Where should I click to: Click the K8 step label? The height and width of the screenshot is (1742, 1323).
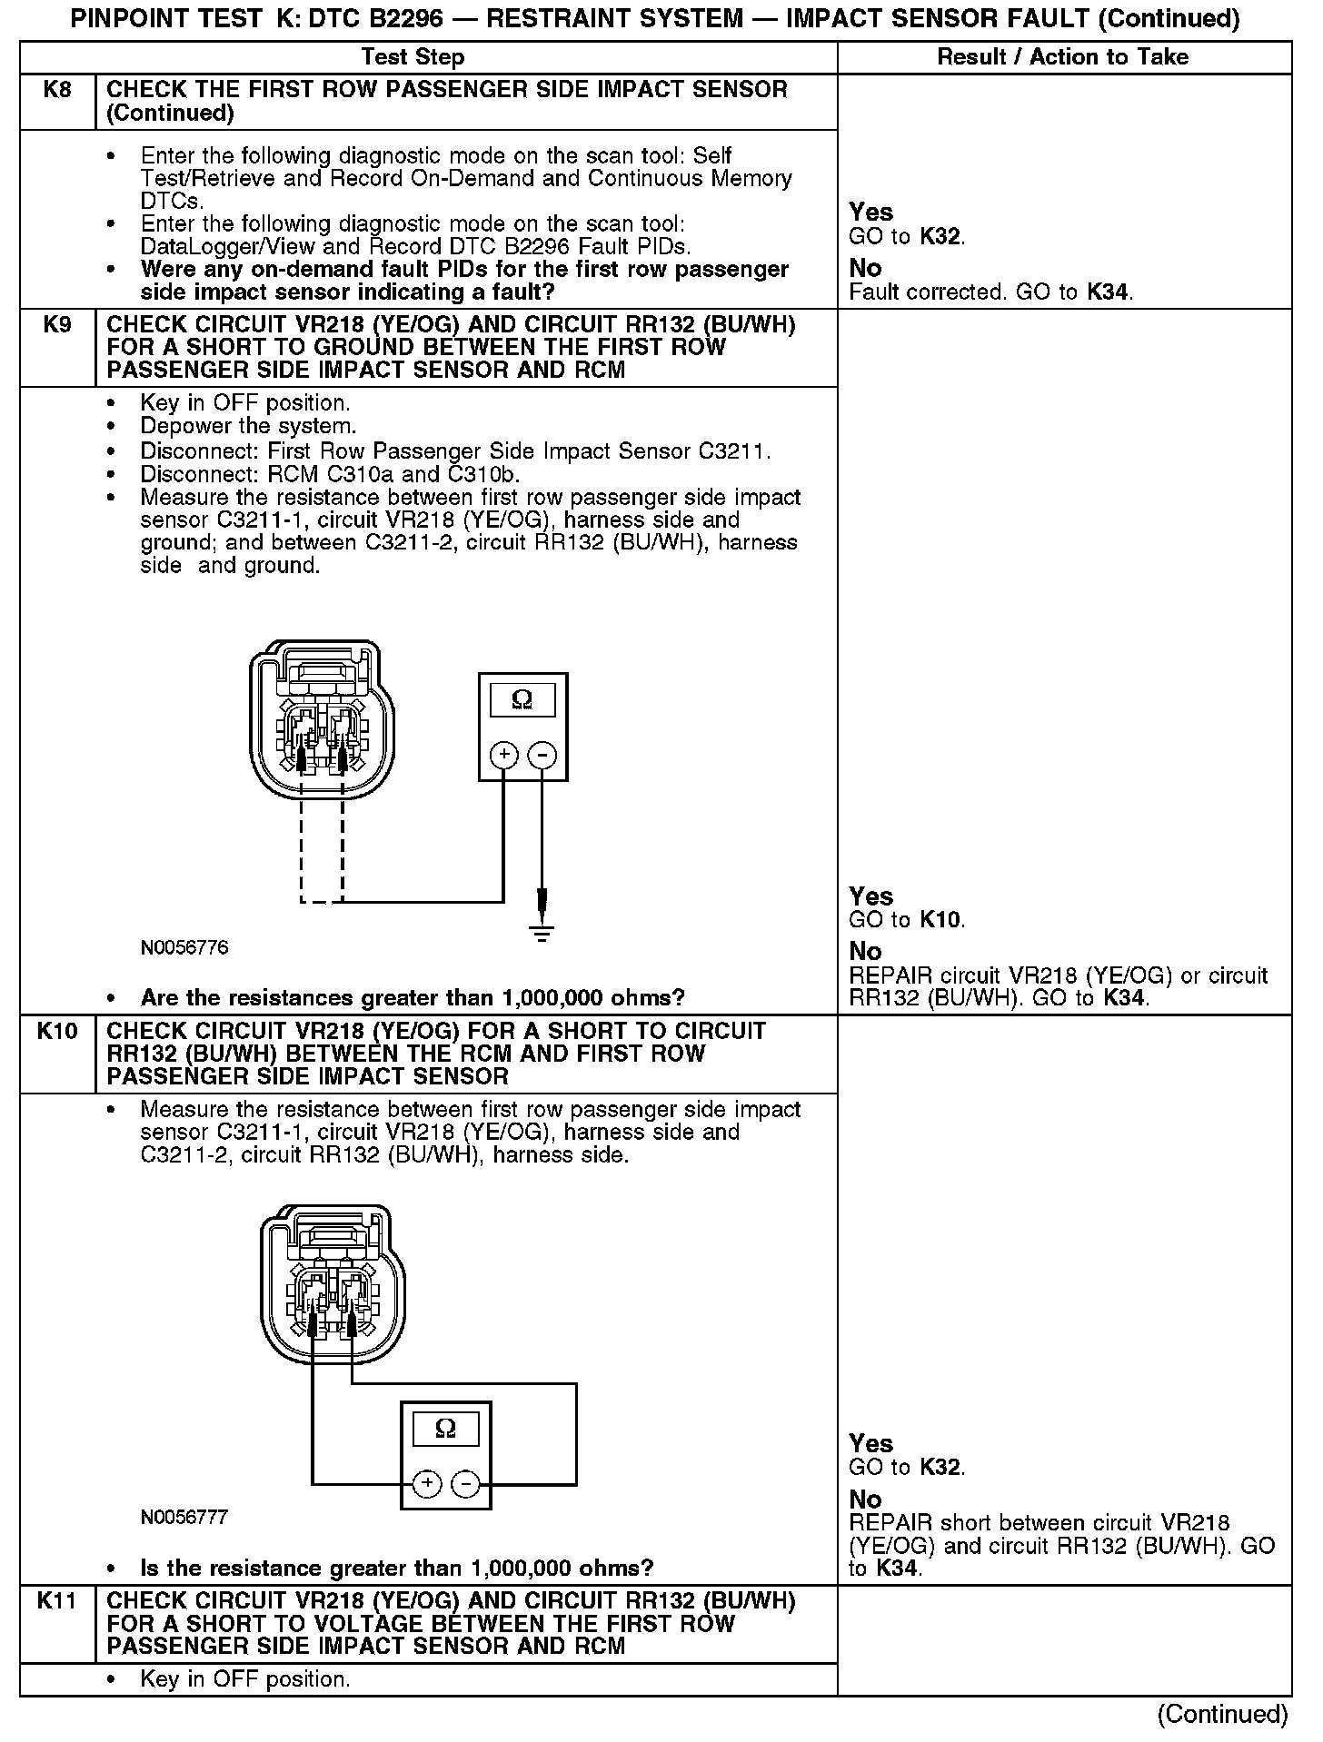coord(57,90)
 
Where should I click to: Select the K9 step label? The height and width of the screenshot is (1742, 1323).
coord(57,324)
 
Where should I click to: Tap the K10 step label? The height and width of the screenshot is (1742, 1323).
coord(57,1031)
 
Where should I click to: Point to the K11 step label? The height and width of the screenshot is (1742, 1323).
coord(57,1600)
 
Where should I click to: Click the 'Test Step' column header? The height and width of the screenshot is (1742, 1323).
coord(413,56)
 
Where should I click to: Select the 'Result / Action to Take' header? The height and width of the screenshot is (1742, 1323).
coord(1062,56)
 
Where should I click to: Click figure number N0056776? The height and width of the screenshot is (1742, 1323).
coord(184,948)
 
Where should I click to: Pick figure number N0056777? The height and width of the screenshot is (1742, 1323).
coord(184,1518)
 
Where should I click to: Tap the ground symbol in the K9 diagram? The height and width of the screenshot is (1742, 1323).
coord(542,934)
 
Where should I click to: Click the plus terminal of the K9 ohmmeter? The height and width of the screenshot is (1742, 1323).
coord(503,755)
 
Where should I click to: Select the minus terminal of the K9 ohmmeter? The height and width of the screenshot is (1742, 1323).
coord(542,755)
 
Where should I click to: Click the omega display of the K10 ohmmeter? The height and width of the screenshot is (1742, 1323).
coord(445,1429)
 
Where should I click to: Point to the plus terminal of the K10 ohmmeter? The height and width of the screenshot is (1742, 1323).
coord(427,1484)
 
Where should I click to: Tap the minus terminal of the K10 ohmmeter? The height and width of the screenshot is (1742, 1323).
coord(465,1484)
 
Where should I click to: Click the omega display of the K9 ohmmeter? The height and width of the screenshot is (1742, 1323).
coord(522,699)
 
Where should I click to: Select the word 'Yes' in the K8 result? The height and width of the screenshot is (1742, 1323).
coord(870,212)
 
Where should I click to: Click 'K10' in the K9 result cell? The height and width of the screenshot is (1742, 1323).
coord(940,920)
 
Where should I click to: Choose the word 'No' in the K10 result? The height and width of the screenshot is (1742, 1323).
coord(865,1500)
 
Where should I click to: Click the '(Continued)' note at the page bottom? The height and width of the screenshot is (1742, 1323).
coord(1222,1714)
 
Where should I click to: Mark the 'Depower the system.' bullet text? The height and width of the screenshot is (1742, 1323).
coord(248,426)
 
